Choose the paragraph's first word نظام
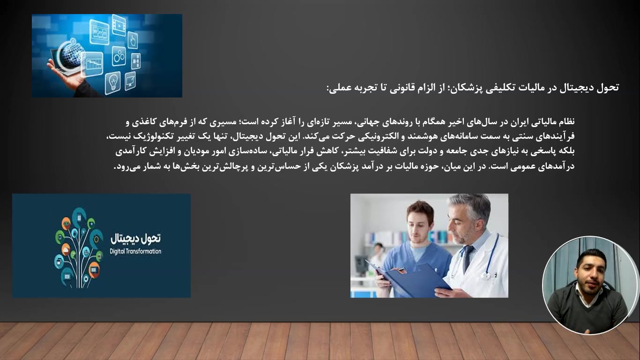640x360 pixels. (566, 122)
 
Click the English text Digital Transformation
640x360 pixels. (135, 252)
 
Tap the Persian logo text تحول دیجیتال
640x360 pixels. (135, 238)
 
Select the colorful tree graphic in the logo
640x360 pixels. (79, 247)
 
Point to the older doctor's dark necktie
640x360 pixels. (467, 258)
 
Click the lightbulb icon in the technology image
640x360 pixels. (112, 83)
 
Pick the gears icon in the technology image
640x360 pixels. (119, 57)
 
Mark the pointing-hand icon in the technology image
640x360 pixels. (133, 40)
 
